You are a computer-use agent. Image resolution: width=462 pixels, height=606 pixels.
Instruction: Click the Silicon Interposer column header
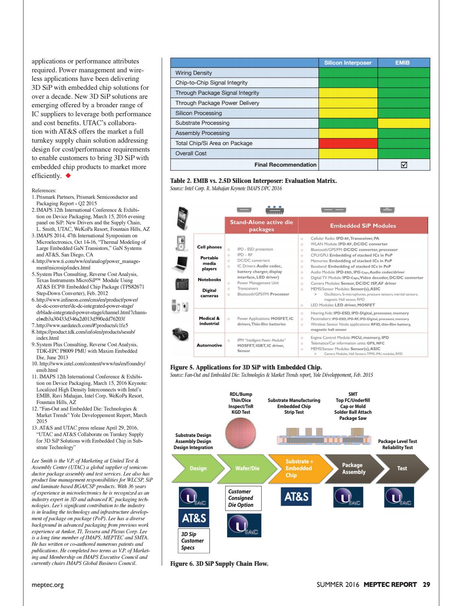[348, 63]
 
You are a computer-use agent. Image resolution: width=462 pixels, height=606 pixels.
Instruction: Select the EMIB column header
[403, 63]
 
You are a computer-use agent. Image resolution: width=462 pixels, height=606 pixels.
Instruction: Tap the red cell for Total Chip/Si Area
[348, 143]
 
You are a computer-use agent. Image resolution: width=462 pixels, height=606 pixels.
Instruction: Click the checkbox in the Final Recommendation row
[404, 165]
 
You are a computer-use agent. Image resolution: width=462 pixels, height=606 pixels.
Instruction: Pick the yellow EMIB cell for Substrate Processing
[403, 123]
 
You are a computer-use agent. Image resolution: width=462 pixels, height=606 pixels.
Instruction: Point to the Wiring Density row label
[194, 73]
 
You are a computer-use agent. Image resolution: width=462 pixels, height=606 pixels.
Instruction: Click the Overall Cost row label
[191, 153]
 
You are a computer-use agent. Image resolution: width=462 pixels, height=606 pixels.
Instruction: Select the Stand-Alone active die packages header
[262, 226]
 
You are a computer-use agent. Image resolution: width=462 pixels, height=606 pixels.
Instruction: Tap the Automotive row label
[209, 345]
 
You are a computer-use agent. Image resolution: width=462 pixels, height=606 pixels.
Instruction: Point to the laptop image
[181, 263]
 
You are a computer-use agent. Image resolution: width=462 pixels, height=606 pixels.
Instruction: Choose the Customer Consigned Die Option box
[240, 498]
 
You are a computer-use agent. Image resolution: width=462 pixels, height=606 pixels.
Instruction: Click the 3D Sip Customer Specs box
[194, 541]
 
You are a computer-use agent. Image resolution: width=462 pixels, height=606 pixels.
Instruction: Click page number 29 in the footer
[426, 585]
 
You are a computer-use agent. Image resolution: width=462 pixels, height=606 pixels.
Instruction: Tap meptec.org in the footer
[48, 585]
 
